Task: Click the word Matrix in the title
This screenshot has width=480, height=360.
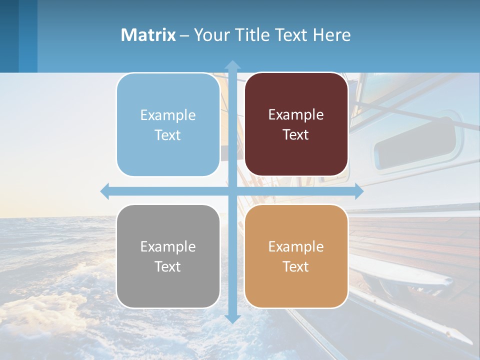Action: point(148,35)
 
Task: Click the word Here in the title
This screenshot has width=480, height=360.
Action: point(332,35)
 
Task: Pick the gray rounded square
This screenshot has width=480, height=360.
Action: point(168,287)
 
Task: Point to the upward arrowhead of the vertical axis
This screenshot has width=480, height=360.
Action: point(232,65)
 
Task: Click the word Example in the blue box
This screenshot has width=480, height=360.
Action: point(168,115)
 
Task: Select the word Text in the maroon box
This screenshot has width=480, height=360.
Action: point(296,135)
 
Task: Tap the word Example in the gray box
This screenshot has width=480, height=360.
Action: point(168,246)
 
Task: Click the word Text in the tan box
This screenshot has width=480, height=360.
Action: point(296,266)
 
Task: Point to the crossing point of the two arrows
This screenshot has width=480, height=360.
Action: point(232,191)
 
